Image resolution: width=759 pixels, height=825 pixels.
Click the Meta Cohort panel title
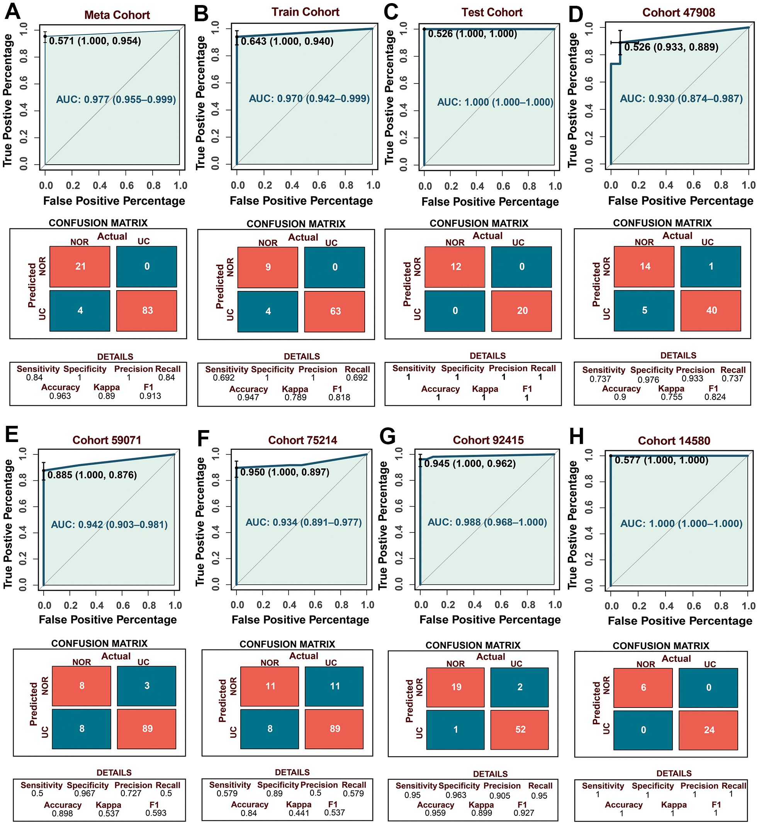(117, 15)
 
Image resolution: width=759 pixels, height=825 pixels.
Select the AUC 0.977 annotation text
(116, 99)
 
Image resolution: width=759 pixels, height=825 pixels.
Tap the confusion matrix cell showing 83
(147, 311)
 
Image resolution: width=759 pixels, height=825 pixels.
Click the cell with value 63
(335, 311)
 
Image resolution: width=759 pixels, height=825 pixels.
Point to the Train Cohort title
(305, 12)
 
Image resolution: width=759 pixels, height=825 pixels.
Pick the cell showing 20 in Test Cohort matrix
(521, 311)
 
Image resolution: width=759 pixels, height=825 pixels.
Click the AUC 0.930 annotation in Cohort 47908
(681, 99)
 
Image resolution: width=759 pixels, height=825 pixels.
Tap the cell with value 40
(711, 310)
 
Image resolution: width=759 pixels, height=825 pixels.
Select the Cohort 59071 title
(107, 440)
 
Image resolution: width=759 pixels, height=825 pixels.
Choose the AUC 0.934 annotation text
(304, 522)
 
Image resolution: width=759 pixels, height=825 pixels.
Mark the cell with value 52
(520, 729)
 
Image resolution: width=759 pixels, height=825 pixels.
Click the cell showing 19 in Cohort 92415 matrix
(455, 687)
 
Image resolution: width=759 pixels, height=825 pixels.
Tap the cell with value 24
(708, 730)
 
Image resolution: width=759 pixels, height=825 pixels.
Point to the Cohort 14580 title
(674, 441)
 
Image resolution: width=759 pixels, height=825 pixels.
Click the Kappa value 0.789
(295, 397)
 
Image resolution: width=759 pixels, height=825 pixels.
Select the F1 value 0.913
(150, 396)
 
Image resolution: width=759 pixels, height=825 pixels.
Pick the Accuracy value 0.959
(435, 813)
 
